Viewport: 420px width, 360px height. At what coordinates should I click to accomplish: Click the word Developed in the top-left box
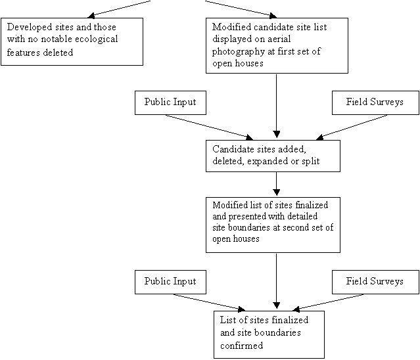(x=30, y=28)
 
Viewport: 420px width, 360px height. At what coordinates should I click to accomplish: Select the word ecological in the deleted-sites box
(x=96, y=39)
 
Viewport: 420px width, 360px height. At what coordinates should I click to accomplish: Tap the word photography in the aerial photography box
(x=239, y=51)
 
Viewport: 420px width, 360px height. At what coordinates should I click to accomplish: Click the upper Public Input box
(x=170, y=102)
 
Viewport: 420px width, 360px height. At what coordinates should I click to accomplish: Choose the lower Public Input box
(x=170, y=282)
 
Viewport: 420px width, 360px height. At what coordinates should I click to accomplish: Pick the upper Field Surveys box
(x=375, y=102)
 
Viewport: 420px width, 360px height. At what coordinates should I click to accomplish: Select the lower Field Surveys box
(x=375, y=282)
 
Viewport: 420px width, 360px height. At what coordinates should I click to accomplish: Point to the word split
(x=311, y=162)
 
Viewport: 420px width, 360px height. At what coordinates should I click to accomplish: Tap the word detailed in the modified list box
(x=303, y=216)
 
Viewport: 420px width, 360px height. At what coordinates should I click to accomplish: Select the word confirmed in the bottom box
(x=241, y=346)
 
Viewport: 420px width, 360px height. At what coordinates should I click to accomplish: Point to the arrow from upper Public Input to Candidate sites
(x=210, y=127)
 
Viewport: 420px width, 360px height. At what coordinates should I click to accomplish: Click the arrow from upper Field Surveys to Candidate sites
(x=352, y=127)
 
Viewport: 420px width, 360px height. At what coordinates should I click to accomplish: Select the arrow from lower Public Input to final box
(x=210, y=303)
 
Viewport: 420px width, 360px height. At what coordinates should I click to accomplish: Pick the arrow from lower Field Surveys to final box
(x=328, y=303)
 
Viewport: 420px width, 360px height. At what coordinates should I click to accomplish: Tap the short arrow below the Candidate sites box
(x=277, y=184)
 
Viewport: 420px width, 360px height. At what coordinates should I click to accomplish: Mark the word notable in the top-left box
(x=57, y=39)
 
